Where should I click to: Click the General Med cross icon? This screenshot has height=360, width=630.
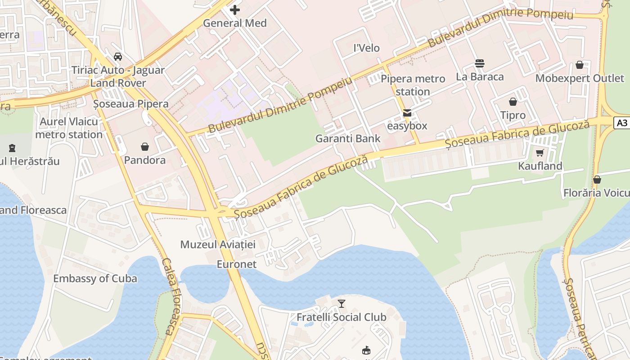click(x=235, y=9)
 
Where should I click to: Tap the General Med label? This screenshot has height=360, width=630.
click(x=235, y=23)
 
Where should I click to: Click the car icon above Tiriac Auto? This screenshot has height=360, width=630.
click(x=118, y=57)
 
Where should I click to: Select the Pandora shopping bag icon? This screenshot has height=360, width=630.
click(x=145, y=147)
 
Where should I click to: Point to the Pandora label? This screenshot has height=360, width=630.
click(x=145, y=160)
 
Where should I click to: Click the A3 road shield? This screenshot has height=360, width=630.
click(x=622, y=123)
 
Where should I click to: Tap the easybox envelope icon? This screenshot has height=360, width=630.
click(x=407, y=113)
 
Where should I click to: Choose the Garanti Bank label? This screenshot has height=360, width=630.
click(x=348, y=139)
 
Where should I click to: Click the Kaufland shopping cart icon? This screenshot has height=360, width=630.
click(x=540, y=153)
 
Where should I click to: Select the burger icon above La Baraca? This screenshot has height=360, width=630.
click(x=480, y=63)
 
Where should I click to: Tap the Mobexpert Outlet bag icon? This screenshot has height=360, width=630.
click(x=580, y=65)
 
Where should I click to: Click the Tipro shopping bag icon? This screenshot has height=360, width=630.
click(x=513, y=102)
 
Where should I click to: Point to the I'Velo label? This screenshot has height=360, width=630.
click(x=367, y=48)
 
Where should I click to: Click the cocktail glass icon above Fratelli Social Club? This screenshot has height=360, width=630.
click(x=342, y=304)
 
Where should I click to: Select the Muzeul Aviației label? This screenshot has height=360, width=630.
click(x=218, y=245)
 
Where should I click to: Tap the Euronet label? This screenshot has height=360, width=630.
click(x=237, y=264)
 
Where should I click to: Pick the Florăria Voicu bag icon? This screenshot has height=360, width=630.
click(x=597, y=180)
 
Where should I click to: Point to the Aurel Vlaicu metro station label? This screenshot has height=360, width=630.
click(x=69, y=128)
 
